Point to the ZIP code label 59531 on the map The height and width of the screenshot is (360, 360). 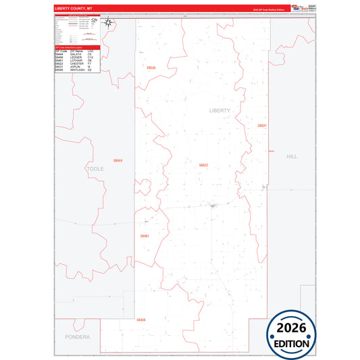click(262, 126)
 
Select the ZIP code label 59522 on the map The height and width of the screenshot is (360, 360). click(203, 165)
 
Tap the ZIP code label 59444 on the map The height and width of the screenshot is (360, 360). click(118, 160)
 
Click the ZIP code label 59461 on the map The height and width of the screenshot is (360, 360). click(145, 236)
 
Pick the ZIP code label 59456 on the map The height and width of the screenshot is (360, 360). click(140, 319)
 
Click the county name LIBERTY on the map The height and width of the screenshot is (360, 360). click(220, 110)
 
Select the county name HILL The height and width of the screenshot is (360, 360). click(291, 156)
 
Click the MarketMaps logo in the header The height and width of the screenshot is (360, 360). click(295, 8)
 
